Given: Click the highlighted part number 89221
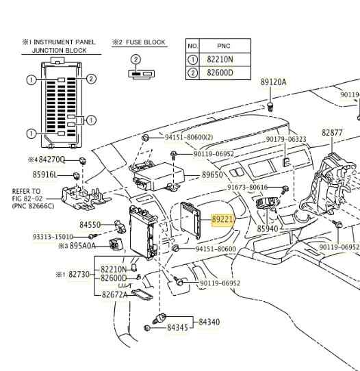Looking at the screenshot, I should [x=222, y=220].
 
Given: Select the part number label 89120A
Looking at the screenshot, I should [x=273, y=82].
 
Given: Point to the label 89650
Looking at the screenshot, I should [x=212, y=175].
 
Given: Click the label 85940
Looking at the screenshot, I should [x=268, y=229].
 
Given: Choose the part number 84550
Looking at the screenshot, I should [x=90, y=225].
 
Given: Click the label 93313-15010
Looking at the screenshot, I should [x=53, y=237].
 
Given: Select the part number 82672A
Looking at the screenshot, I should [x=115, y=295].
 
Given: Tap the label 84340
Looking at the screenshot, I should [x=209, y=322].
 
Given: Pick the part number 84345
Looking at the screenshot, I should [x=177, y=328].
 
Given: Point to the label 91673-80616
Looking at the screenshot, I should [x=247, y=187].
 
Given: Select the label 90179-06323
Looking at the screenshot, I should [x=286, y=139].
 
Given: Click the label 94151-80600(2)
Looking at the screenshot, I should [x=188, y=137].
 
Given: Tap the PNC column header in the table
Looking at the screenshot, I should [x=224, y=47].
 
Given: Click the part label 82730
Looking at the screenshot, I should [x=79, y=274].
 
